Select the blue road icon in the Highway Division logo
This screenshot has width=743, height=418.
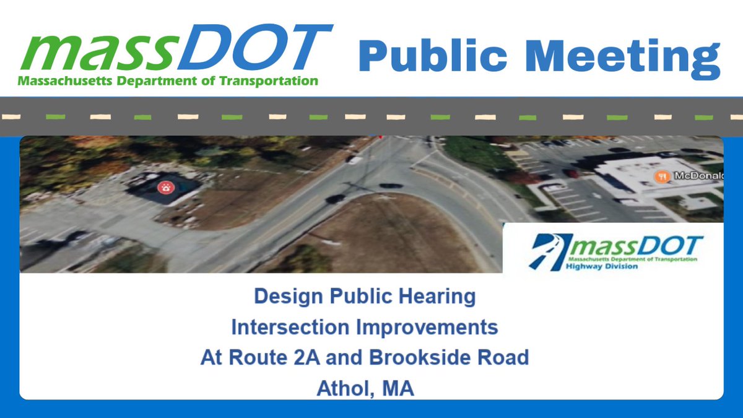(548, 251)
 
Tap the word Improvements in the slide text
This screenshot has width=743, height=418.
(430, 326)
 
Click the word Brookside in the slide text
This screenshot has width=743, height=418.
(424, 357)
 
